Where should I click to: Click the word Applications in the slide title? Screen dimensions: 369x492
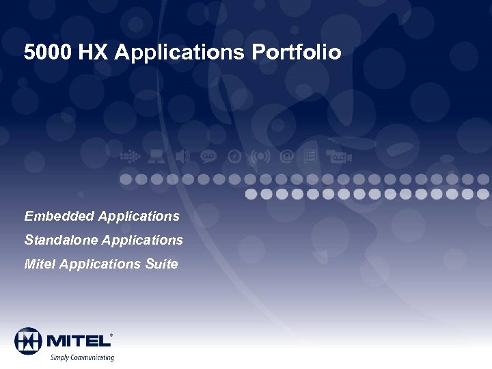point(180,53)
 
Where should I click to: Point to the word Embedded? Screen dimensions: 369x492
point(59,217)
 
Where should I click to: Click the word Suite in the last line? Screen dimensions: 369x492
point(161,264)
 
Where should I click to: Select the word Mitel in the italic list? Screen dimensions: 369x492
point(40,264)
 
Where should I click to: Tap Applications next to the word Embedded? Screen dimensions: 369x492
point(139,217)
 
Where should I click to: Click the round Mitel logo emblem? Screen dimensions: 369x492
point(28,340)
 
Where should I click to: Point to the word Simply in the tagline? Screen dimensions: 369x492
point(59,357)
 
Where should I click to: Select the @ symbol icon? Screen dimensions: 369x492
point(288,156)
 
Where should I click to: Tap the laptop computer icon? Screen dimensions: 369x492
point(156,156)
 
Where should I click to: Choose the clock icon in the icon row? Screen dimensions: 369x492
point(234,156)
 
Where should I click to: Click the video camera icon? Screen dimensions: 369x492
point(338,156)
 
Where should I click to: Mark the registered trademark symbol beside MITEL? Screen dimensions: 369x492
point(111,334)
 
